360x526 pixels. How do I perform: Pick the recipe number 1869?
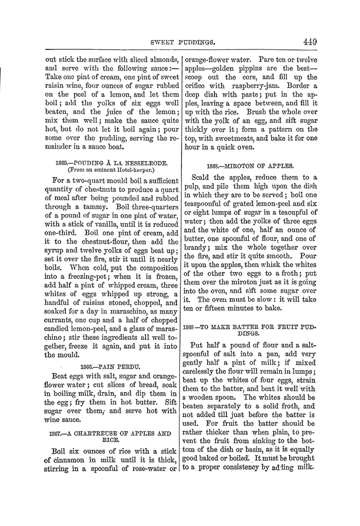click(191, 327)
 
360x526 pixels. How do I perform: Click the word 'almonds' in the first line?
click(162, 59)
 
